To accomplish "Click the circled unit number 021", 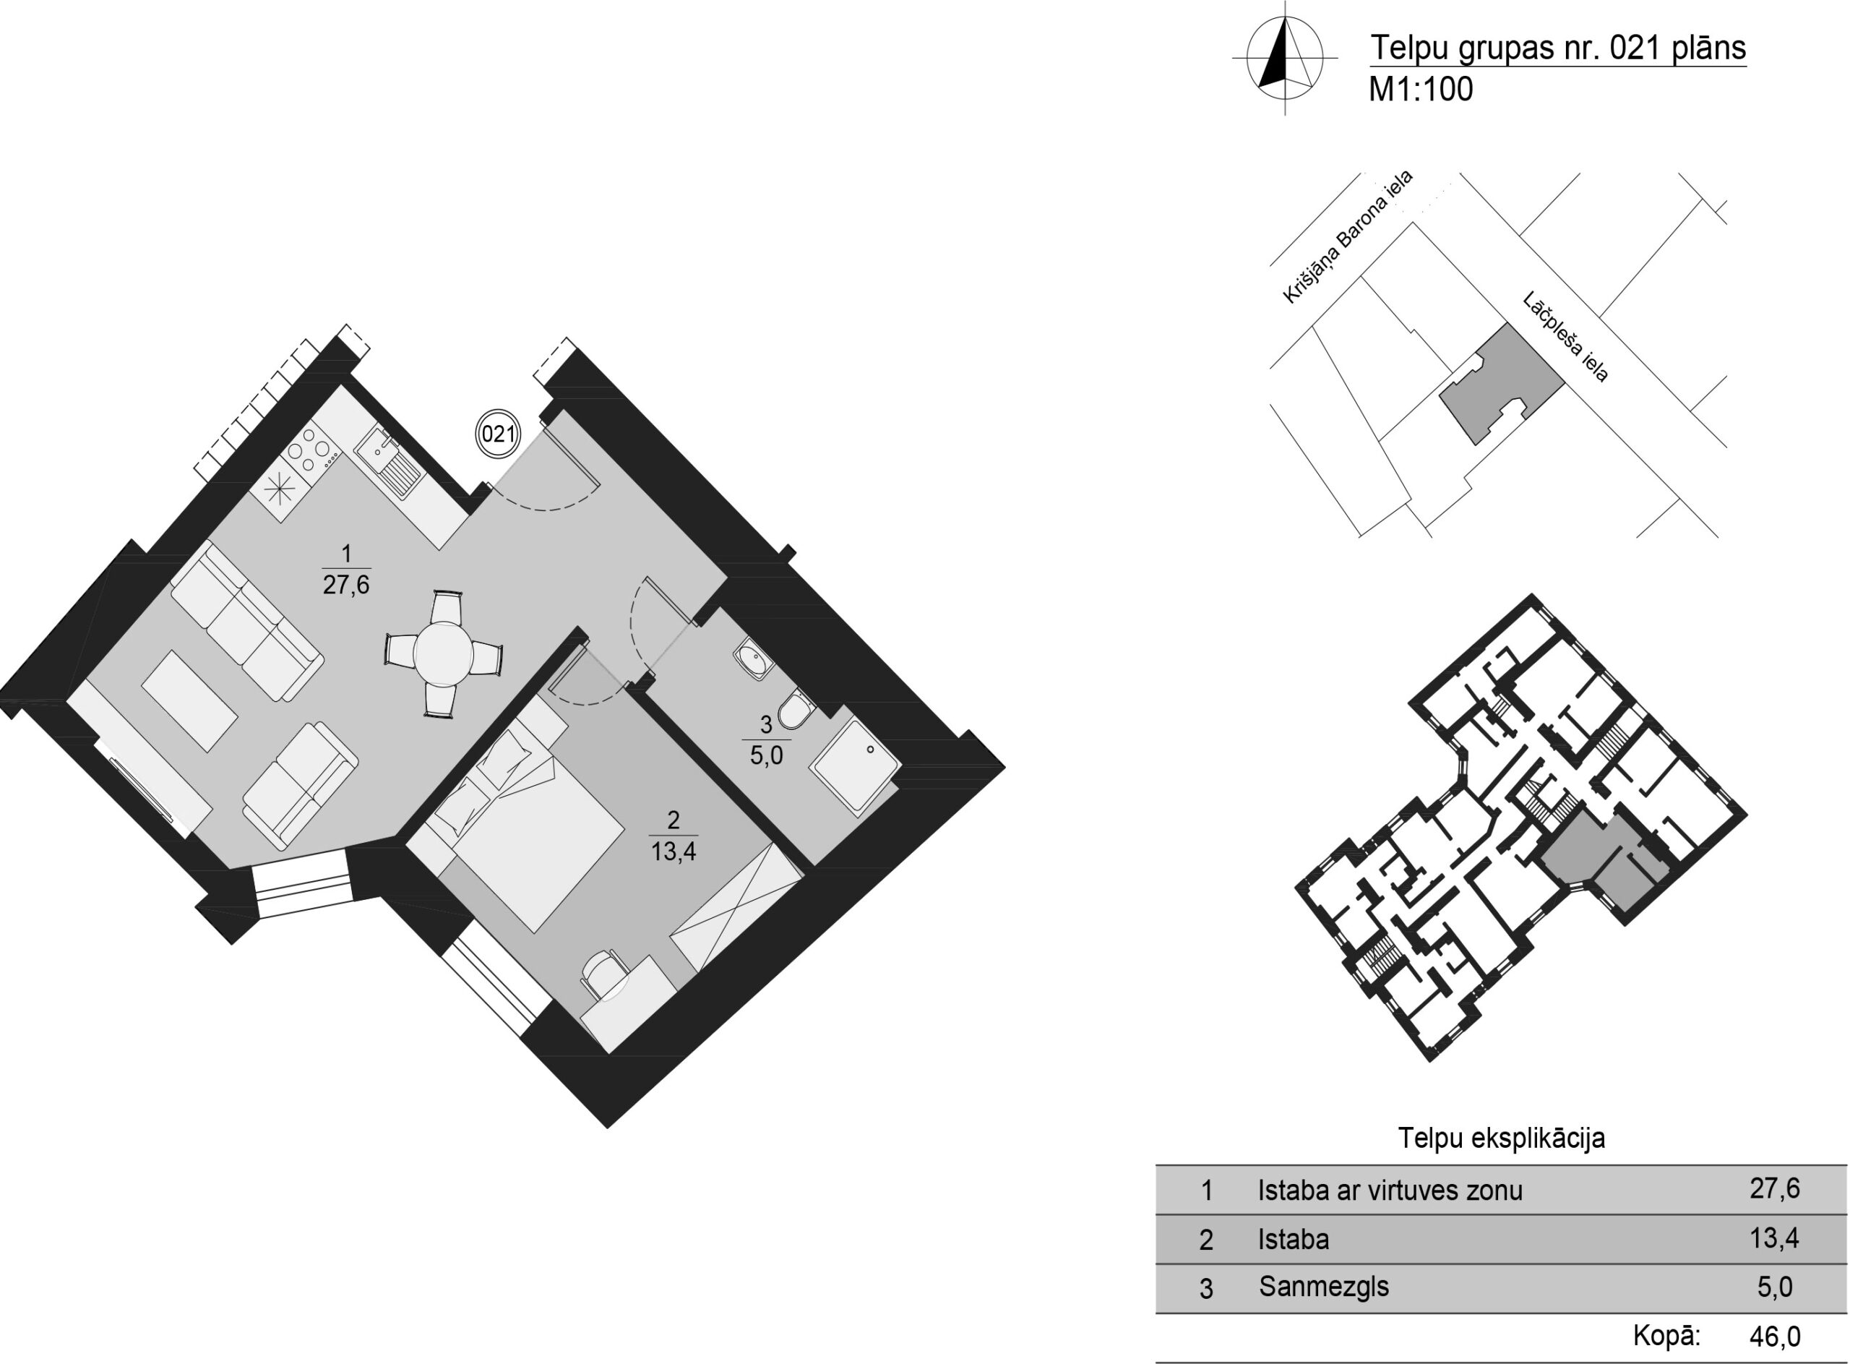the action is [x=498, y=434].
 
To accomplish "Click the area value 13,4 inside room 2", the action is [x=673, y=852].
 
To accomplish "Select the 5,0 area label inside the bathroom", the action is [x=765, y=755].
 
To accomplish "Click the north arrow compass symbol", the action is [x=1284, y=57].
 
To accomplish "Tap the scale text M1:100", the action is [x=1421, y=89].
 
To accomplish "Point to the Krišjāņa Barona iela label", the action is [x=1347, y=236].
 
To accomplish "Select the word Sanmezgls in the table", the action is [x=1323, y=1287].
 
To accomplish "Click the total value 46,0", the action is [x=1775, y=1335].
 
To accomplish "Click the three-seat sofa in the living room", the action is [x=247, y=621].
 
